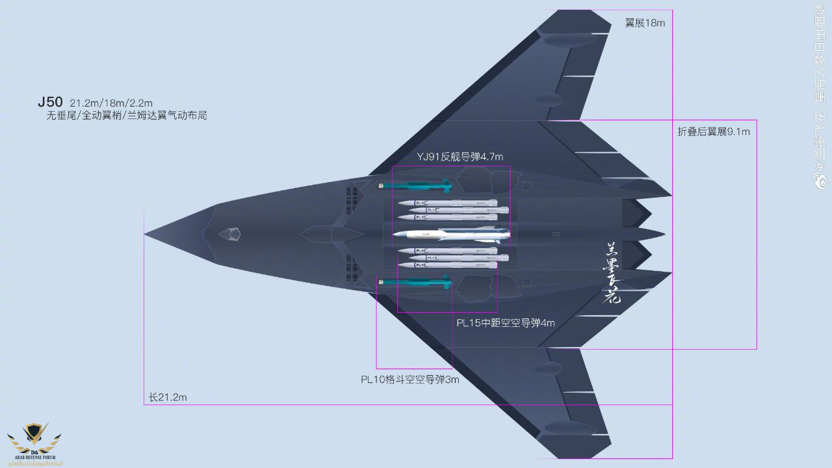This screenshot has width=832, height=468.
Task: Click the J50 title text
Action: [x=50, y=102]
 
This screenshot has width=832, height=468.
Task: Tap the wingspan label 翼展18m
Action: [x=645, y=23]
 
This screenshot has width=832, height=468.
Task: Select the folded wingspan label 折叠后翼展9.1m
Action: [x=714, y=131]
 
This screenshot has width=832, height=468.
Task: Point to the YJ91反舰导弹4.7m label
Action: [x=460, y=157]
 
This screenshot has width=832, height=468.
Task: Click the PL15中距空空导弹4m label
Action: [x=505, y=322]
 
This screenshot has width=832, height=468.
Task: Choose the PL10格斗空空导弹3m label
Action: [x=410, y=379]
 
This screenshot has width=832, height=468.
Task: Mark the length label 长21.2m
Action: [x=168, y=397]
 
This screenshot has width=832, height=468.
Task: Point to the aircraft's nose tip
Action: [x=146, y=233]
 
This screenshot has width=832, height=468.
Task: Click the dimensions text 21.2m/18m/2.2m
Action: [x=111, y=103]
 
